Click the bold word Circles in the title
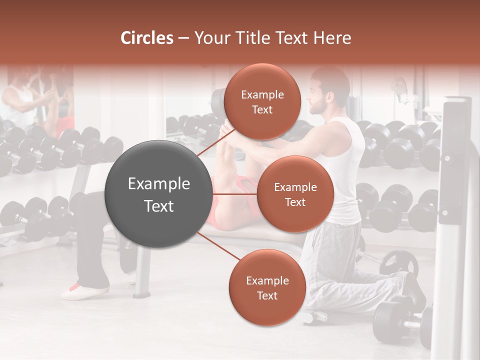[x=146, y=38]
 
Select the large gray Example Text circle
[x=159, y=194]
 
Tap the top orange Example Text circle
[x=262, y=101]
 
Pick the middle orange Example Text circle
[x=295, y=194]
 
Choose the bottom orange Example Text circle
[x=267, y=287]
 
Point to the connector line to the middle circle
[x=235, y=194]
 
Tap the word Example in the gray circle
[x=159, y=184]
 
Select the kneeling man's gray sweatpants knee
[x=320, y=295]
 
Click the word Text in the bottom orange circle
[x=267, y=295]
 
